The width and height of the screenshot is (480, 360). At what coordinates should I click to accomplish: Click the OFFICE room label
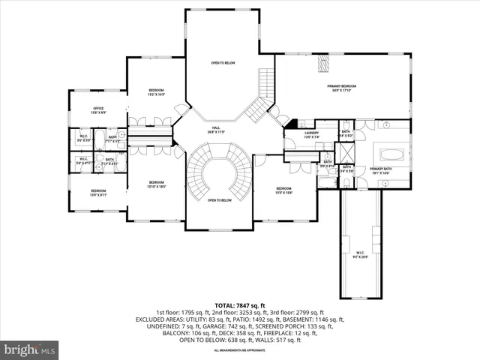coord(98,110)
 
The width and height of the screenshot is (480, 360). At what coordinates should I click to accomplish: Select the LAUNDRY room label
coord(290,135)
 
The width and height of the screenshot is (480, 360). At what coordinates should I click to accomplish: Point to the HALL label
coord(216,130)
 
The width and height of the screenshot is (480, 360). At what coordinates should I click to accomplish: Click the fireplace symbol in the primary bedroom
coord(324,64)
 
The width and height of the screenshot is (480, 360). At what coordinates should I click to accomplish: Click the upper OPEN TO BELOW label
coord(223,63)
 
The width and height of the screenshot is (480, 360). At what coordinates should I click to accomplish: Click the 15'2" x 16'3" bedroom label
coord(156,92)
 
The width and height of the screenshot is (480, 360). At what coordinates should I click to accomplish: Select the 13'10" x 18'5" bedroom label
coord(156,184)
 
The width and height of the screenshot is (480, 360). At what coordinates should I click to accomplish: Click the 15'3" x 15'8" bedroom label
coord(283,190)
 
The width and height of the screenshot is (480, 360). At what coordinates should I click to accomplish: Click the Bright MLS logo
coord(29,349)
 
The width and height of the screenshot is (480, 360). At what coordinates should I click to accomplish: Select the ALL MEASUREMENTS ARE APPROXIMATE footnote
coord(240,350)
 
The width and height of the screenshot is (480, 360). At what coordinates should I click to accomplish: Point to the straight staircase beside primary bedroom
coord(266,81)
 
